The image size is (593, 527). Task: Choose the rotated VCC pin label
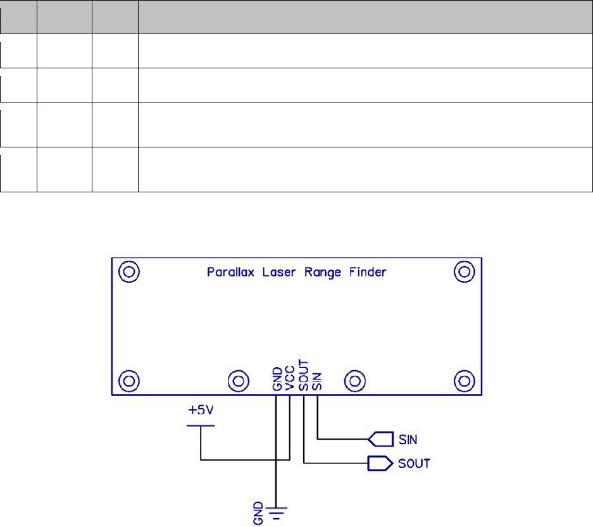290,381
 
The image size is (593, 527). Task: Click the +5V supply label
201,410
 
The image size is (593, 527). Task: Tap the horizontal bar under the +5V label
201,426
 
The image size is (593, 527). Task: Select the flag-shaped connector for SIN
377,438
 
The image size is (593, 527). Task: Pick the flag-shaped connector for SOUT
377,464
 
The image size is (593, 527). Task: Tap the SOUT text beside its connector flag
415,464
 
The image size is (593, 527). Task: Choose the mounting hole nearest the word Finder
465,272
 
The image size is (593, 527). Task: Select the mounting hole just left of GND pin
238,381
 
